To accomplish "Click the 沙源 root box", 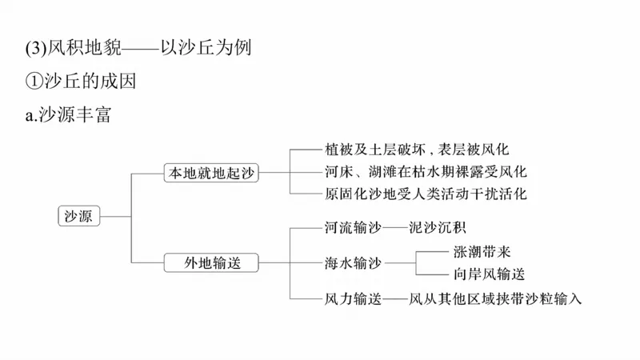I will [78, 216].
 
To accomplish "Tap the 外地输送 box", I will [212, 262].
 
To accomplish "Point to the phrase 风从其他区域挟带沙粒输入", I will [495, 298].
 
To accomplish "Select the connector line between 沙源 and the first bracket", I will [114, 216].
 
